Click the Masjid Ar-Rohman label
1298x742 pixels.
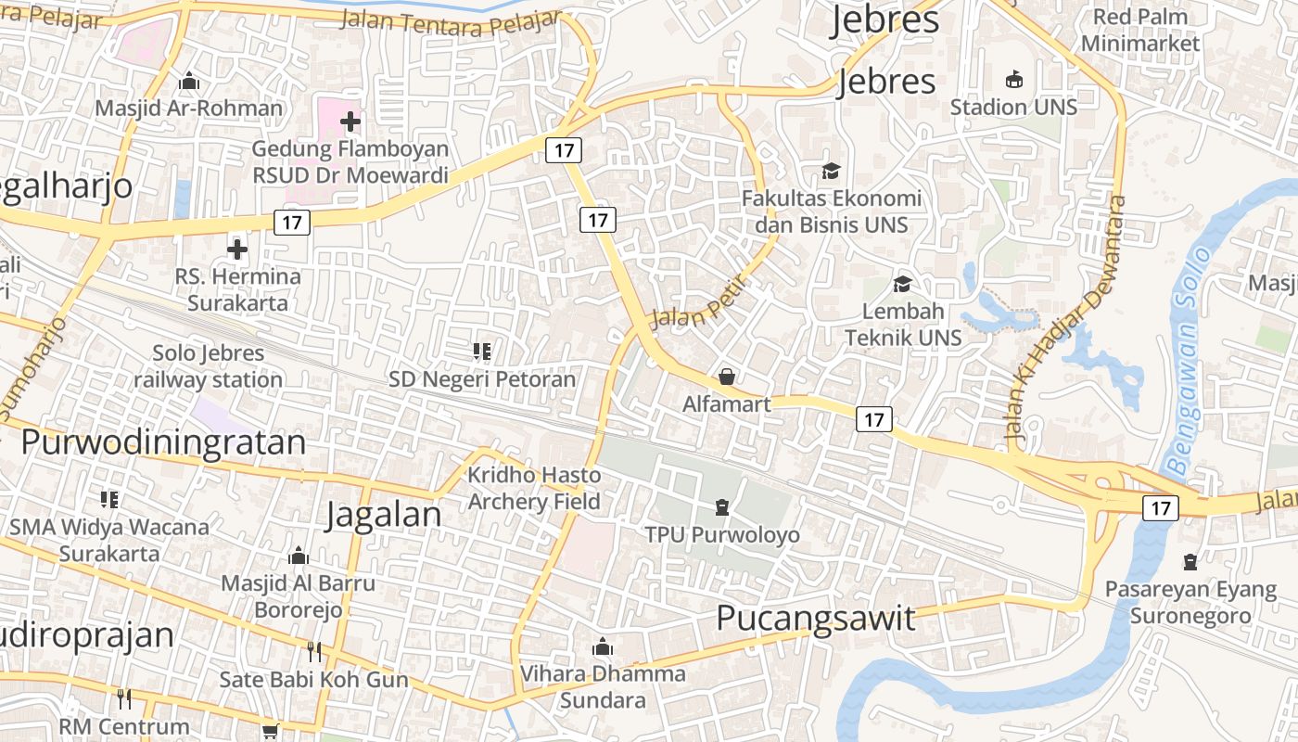pyautogui.click(x=189, y=108)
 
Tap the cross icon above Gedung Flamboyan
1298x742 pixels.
pyautogui.click(x=350, y=121)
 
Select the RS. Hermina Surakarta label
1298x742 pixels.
pyautogui.click(x=238, y=289)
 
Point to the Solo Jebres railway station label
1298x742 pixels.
pyautogui.click(x=208, y=366)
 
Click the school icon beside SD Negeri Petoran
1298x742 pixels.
pyautogui.click(x=482, y=352)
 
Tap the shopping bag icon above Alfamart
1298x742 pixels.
pyautogui.click(x=727, y=377)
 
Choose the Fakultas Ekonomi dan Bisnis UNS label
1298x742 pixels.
pyautogui.click(x=832, y=211)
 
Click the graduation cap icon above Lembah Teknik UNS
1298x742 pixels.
pyautogui.click(x=902, y=284)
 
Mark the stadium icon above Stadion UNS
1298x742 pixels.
pyautogui.click(x=1014, y=80)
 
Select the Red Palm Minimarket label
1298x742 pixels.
pyautogui.click(x=1140, y=30)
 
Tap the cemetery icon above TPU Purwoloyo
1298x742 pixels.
pyautogui.click(x=722, y=507)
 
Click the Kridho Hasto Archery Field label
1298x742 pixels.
pyautogui.click(x=534, y=488)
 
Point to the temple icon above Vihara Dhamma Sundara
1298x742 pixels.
pyautogui.click(x=603, y=646)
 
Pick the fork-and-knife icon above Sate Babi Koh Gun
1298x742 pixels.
pyautogui.click(x=313, y=651)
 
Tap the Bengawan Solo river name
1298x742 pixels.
pyautogui.click(x=1190, y=362)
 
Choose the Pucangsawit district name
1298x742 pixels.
pyautogui.click(x=816, y=618)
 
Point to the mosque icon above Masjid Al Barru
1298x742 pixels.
pyautogui.click(x=299, y=556)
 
